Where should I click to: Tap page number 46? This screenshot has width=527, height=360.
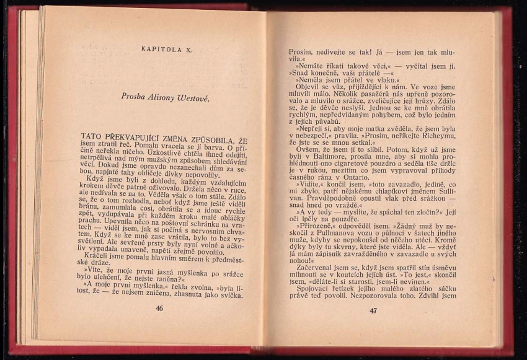[x=159, y=308]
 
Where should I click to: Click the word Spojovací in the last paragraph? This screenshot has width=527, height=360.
[x=316, y=288]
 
